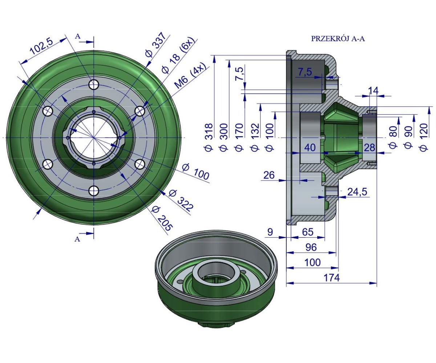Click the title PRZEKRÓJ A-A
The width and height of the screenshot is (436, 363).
tap(338, 39)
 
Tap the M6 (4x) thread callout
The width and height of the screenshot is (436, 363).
tap(190, 76)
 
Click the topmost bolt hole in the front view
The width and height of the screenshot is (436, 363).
tap(94, 85)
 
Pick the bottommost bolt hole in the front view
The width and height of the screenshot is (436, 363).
tap(94, 191)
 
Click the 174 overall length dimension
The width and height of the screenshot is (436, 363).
tap(331, 278)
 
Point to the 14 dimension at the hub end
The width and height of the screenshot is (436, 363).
tap(373, 91)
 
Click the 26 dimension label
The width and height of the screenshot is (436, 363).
tap(269, 175)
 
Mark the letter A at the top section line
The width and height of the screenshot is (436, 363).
tap(77, 36)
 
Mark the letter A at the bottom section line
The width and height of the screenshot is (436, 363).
tap(77, 239)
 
